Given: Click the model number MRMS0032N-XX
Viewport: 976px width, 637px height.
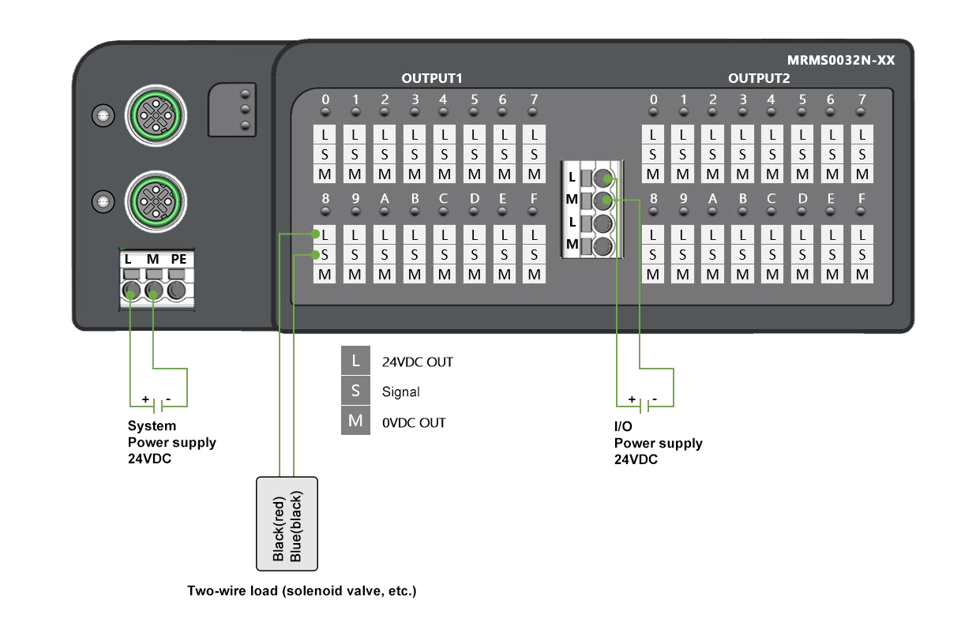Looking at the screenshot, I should [841, 60].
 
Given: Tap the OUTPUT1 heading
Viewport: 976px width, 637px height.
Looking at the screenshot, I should [431, 78].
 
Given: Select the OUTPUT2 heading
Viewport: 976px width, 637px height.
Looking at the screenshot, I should [759, 78].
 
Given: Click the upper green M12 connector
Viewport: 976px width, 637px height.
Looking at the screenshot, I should [156, 116].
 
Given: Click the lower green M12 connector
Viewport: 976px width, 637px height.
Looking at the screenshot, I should [156, 200].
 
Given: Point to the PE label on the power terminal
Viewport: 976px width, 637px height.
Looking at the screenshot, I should [178, 259].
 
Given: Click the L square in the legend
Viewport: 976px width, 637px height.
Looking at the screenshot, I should [355, 362].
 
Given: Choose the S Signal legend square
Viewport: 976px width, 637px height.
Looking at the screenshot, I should [355, 392].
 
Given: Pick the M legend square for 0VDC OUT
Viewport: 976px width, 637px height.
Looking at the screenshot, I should [355, 422].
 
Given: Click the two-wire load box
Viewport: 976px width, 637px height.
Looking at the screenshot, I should [287, 523].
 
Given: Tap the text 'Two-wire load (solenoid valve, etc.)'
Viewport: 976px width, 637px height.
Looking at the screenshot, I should [301, 590].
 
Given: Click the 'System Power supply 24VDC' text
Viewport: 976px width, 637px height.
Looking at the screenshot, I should [171, 442].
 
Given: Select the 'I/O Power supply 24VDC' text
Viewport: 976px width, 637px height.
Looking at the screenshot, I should [658, 443].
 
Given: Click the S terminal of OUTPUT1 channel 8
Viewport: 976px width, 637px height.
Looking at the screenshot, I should [325, 254].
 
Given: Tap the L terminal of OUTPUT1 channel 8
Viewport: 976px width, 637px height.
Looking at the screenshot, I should [325, 234].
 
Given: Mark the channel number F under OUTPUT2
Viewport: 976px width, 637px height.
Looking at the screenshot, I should [862, 198].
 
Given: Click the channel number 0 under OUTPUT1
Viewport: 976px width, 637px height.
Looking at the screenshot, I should [325, 99].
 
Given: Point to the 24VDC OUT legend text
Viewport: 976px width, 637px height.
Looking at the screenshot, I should [417, 362].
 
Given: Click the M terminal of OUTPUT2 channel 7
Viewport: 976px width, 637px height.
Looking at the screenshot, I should [862, 174].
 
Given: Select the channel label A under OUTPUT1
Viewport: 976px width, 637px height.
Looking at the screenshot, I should [385, 198].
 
